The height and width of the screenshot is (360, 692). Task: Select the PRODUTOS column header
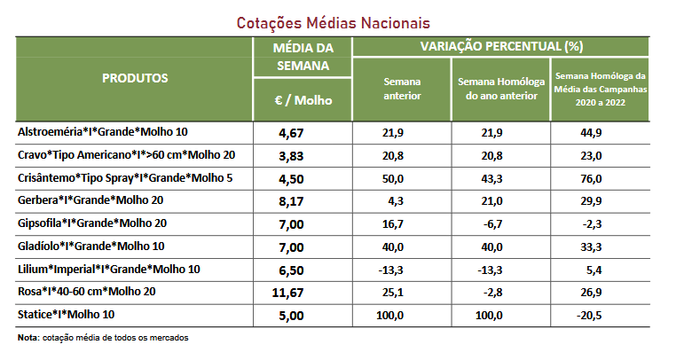click(x=135, y=78)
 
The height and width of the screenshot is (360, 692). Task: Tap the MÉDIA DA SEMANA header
click(x=303, y=57)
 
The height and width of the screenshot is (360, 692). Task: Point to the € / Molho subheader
click(x=303, y=100)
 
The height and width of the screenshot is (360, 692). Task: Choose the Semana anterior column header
click(x=402, y=89)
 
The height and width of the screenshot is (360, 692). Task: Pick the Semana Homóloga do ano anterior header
click(x=501, y=89)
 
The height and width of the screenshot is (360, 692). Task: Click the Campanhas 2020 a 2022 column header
click(x=601, y=89)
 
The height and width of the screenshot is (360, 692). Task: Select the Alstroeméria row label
click(x=103, y=132)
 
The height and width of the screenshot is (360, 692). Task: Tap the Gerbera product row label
click(x=90, y=200)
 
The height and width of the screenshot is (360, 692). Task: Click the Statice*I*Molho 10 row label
click(x=67, y=315)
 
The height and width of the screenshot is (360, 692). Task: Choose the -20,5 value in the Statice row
click(x=601, y=315)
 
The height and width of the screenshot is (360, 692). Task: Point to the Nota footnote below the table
click(x=103, y=337)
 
